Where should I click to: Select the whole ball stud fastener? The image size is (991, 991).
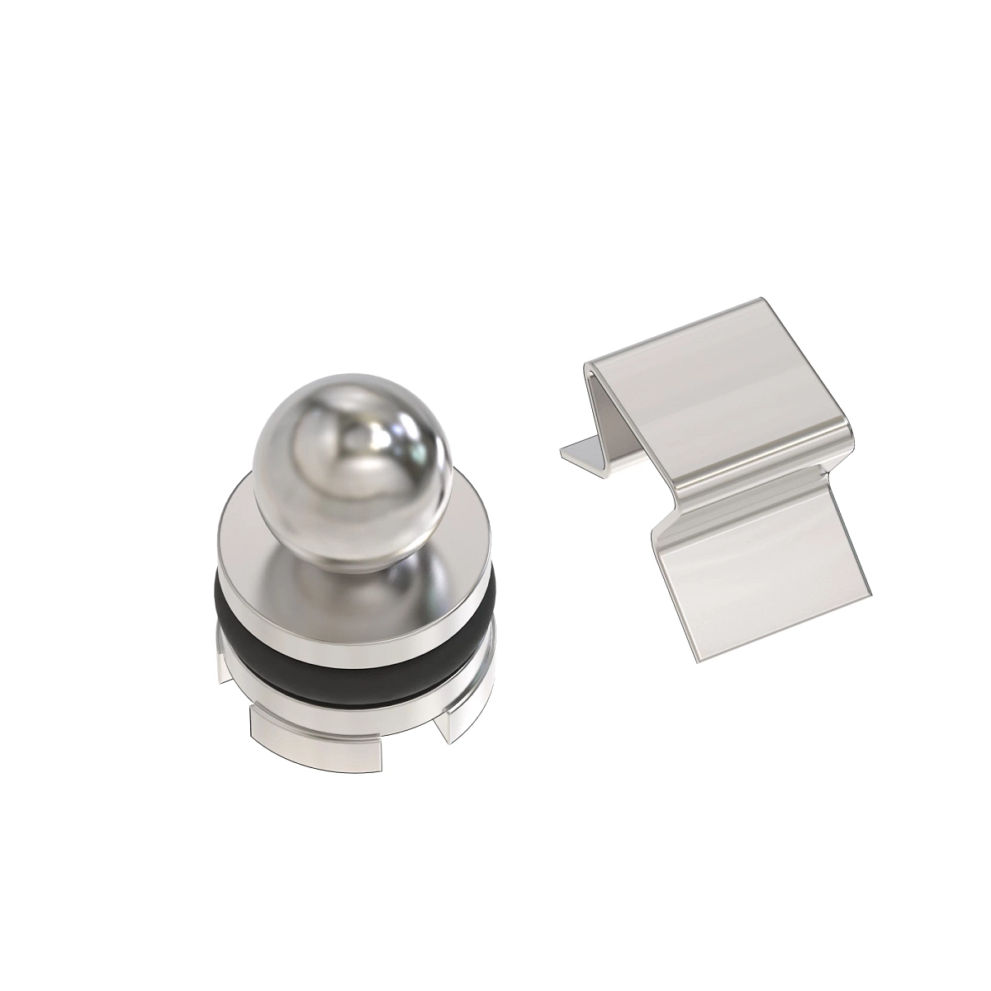pos(352,562)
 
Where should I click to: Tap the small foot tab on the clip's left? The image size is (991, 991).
pos(582,453)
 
